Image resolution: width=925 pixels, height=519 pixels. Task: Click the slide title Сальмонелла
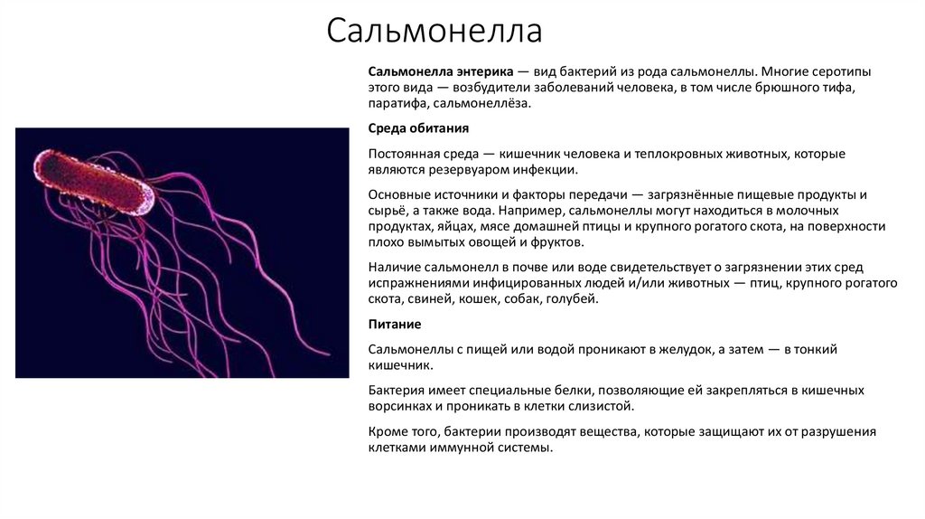coord(434,32)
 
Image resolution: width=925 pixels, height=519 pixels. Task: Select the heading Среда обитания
coord(417,128)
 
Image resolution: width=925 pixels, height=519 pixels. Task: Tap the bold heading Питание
coord(396,324)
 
